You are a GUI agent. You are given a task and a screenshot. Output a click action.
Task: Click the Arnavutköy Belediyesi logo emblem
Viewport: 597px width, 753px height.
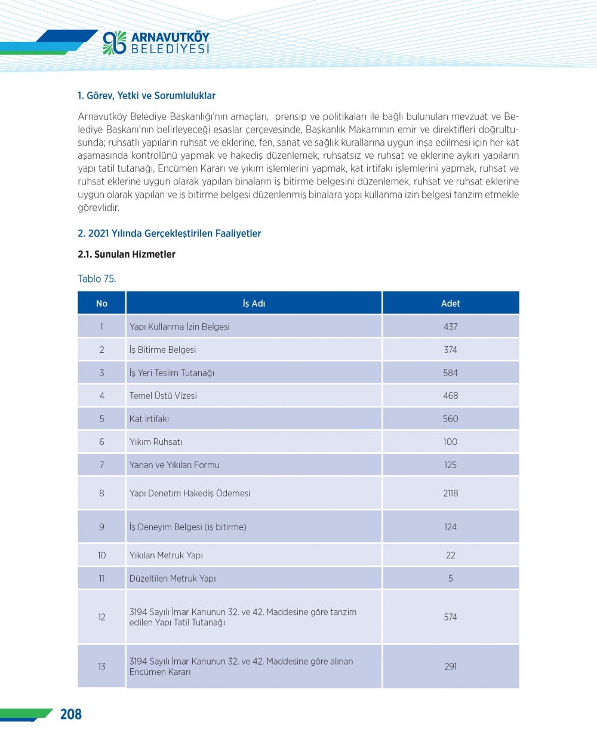click(115, 43)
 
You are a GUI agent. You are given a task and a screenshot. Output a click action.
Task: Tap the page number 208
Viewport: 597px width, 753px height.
click(70, 714)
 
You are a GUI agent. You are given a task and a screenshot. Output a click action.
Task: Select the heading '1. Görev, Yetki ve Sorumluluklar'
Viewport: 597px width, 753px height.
click(146, 96)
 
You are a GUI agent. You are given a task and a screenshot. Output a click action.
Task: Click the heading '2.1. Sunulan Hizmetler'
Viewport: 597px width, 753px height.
click(127, 254)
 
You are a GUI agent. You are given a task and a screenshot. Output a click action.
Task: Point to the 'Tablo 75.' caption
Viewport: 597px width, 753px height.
click(97, 279)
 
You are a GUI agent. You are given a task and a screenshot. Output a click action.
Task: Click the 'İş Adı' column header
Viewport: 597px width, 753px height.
click(254, 303)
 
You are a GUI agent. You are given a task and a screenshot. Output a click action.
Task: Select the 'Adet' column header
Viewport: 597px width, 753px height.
click(450, 303)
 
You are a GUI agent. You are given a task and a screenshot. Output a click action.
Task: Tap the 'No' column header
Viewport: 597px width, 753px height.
click(101, 303)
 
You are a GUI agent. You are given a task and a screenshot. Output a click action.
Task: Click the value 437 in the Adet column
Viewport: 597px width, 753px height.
click(450, 327)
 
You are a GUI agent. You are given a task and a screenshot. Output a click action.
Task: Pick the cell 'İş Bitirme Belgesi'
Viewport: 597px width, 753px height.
click(162, 350)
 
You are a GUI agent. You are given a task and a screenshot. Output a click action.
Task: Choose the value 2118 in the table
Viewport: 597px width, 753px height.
click(450, 493)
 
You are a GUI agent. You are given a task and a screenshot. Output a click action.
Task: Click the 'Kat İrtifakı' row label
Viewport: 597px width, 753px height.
click(149, 419)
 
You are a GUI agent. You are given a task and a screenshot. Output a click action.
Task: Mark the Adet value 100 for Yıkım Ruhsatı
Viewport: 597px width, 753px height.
click(450, 442)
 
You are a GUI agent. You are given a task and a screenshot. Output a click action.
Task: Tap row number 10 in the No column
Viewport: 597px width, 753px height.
click(101, 555)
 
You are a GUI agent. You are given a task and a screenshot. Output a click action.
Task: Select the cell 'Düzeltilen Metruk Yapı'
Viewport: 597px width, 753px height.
click(173, 578)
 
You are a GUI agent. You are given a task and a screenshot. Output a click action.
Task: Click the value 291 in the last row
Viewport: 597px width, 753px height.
click(450, 666)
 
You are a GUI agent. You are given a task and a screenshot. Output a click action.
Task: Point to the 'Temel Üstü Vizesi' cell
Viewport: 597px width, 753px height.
click(163, 396)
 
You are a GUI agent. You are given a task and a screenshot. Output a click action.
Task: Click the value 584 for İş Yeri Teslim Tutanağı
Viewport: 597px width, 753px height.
click(450, 373)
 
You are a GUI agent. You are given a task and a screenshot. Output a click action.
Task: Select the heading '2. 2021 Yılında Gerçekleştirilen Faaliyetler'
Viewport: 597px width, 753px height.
click(169, 233)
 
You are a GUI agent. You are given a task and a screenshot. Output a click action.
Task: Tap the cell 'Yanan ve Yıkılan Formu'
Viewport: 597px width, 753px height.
click(174, 465)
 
